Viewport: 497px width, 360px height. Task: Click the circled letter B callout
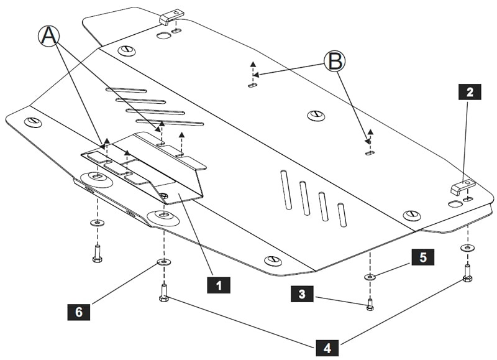click(334, 61)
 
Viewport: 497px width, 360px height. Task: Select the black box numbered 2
click(470, 93)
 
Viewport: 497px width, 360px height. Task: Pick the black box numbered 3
click(302, 294)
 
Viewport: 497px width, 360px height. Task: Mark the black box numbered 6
click(78, 311)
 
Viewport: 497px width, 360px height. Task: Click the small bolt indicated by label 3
click(370, 304)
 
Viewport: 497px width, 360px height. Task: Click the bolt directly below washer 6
click(163, 293)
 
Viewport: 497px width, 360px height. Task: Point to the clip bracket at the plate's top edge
click(171, 15)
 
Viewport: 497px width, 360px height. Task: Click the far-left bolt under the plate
click(97, 253)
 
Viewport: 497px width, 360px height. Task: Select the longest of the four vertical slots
click(285, 189)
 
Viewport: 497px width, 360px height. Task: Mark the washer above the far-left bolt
click(97, 223)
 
